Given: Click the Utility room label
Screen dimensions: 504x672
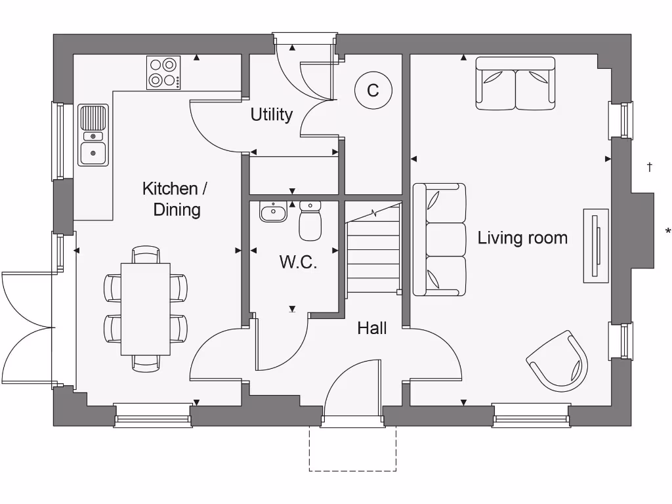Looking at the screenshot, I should (x=271, y=115).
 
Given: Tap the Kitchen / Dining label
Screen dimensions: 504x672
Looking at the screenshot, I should (x=175, y=199).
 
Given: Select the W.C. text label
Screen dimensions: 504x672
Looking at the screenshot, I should (x=298, y=262).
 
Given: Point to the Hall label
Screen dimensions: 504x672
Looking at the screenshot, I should (x=371, y=327).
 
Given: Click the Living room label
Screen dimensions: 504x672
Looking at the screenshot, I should (x=522, y=238).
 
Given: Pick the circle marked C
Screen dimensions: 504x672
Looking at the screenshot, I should (x=373, y=91).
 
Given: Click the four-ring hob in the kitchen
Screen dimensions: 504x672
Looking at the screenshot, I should (x=163, y=72).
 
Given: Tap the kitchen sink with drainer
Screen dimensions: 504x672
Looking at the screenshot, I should (x=93, y=135).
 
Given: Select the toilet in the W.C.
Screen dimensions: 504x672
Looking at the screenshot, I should (x=309, y=220).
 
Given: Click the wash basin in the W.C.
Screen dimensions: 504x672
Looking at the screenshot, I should (x=273, y=212).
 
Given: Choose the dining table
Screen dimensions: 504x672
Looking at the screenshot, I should (x=145, y=308).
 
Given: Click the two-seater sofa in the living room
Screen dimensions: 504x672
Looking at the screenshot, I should (x=515, y=83).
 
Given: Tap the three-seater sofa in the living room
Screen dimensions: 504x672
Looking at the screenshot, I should (x=439, y=239).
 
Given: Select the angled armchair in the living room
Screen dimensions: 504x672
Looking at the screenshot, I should (x=558, y=362).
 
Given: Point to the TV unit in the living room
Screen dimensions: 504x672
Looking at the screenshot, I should (x=596, y=245).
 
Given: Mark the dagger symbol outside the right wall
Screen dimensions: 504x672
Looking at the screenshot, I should (x=650, y=167).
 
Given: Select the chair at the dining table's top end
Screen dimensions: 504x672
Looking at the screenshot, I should (x=145, y=254).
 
